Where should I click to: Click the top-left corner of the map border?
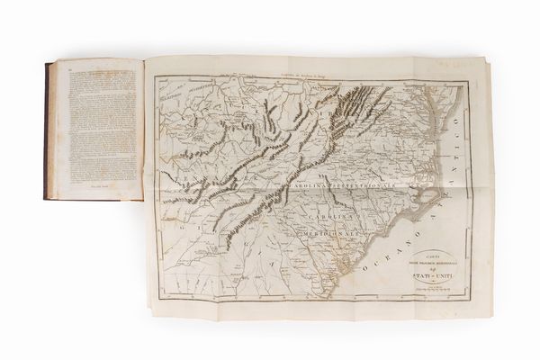coord(154,76)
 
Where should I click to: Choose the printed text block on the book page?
coord(94,126)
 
